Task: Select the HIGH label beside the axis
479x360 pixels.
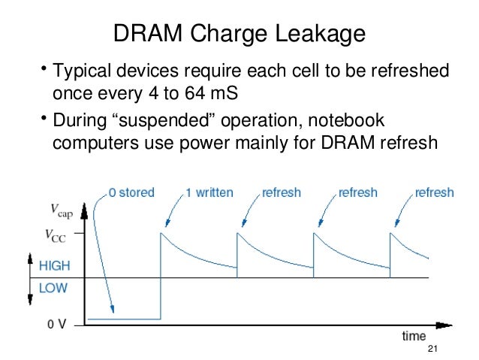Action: click(x=55, y=265)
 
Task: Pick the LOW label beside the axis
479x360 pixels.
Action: click(x=52, y=286)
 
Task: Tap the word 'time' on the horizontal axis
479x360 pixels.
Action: click(x=413, y=335)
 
